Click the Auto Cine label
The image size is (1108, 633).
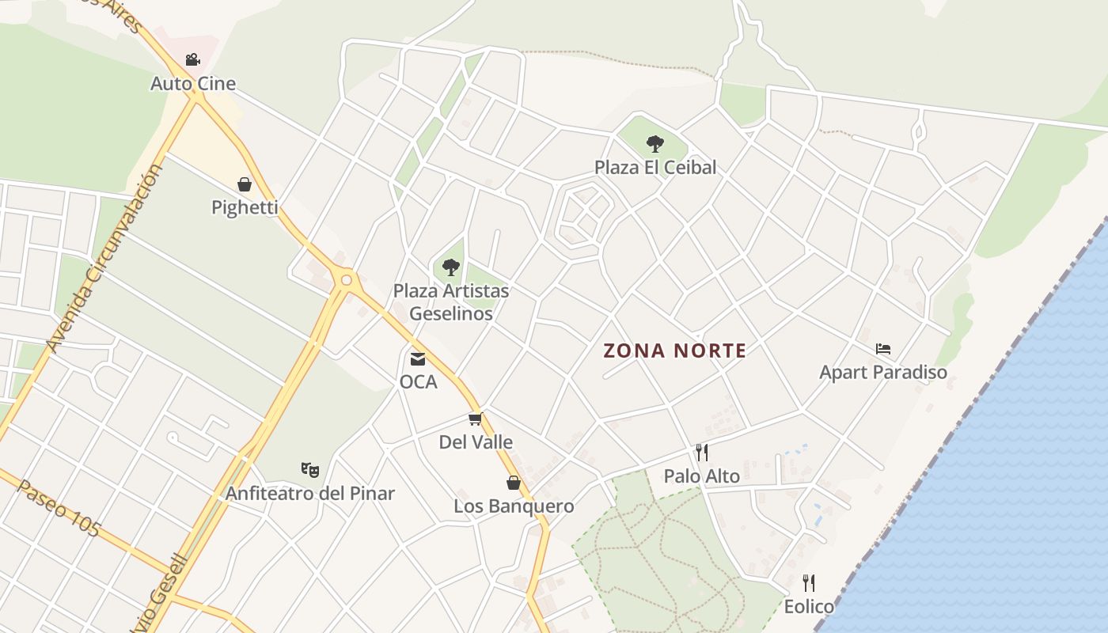(x=193, y=83)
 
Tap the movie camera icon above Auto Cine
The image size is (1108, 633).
(x=192, y=59)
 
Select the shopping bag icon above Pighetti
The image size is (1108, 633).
(x=245, y=184)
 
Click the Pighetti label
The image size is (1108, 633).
(x=245, y=207)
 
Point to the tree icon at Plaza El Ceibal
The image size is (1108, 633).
(x=655, y=143)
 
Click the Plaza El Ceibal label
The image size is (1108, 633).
(x=655, y=167)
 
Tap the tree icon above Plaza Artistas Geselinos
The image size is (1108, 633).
(x=451, y=267)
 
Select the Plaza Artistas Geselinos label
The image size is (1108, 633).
(x=451, y=301)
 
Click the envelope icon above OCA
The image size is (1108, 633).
(x=417, y=359)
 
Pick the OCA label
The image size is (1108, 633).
(x=418, y=381)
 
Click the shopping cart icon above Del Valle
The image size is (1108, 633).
(x=475, y=419)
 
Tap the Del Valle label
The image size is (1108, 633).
(x=476, y=442)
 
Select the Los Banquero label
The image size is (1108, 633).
(x=514, y=506)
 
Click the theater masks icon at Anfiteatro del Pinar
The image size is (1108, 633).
(x=310, y=470)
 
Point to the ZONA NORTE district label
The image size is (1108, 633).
(x=675, y=351)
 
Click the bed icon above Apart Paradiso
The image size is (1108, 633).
(x=883, y=348)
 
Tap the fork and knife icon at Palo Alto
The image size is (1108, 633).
(x=701, y=453)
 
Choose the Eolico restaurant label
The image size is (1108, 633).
(x=809, y=607)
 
